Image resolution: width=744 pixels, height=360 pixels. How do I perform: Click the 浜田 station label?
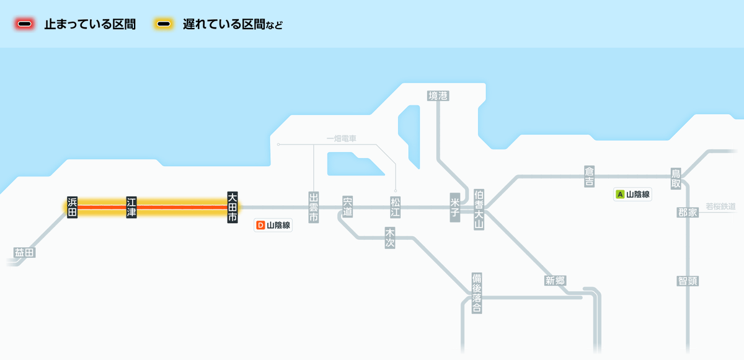click(x=73, y=207)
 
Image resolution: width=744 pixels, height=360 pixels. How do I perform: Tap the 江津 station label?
click(x=131, y=207)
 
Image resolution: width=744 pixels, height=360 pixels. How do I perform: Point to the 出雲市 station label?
click(x=314, y=208)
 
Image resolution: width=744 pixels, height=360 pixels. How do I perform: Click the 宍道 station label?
click(x=347, y=207)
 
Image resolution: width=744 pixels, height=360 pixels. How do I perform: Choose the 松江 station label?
click(x=396, y=207)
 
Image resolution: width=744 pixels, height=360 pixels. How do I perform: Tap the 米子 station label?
click(x=455, y=207)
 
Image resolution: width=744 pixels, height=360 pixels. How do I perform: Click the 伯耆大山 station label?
click(x=479, y=209)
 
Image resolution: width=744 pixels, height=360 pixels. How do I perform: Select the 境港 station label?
click(x=438, y=95)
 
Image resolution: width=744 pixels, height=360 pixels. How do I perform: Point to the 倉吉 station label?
click(x=590, y=176)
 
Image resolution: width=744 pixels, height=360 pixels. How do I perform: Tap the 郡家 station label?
click(x=688, y=213)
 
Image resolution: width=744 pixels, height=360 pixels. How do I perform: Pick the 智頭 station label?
click(x=688, y=281)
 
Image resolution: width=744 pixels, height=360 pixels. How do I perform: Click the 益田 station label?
click(x=25, y=252)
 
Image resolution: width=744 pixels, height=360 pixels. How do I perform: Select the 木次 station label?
click(x=390, y=238)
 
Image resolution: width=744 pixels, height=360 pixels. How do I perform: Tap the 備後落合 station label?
click(x=477, y=292)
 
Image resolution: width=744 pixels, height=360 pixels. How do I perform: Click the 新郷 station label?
click(x=556, y=281)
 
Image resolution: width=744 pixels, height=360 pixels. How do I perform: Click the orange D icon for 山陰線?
click(x=260, y=225)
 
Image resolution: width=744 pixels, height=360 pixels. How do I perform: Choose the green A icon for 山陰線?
click(x=619, y=194)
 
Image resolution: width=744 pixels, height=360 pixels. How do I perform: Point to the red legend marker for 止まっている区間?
click(x=25, y=24)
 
